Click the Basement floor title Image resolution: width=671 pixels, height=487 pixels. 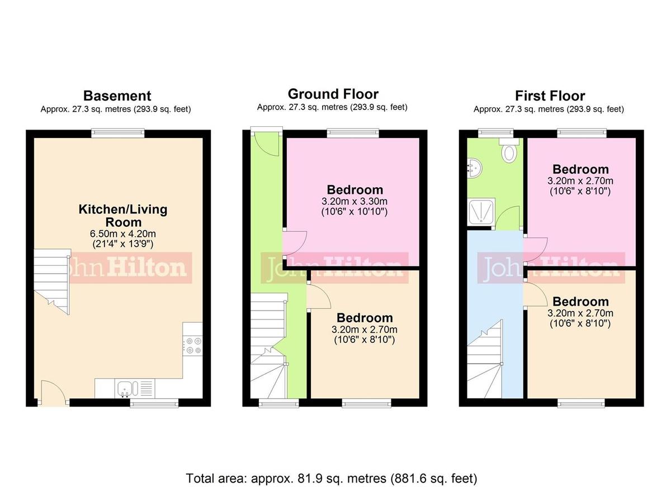point(117,96)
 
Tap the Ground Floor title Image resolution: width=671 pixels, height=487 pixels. point(333,94)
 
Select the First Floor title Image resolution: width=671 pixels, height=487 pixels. point(550,96)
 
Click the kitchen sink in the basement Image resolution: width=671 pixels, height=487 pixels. point(124,388)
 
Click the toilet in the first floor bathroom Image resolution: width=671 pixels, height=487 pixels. point(509,151)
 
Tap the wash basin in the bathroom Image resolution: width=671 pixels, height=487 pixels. point(473,167)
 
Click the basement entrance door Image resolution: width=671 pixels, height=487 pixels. point(54,393)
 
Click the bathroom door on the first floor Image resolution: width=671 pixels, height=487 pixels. point(509,218)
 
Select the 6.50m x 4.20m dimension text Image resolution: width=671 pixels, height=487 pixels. point(122,233)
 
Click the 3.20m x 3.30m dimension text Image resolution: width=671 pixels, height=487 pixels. point(355,202)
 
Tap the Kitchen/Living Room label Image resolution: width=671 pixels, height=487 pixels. point(122,216)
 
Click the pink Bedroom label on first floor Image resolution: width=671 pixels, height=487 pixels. point(580,169)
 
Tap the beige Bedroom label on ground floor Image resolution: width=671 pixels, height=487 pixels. point(365,318)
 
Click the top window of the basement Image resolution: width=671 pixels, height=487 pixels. point(118,133)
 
